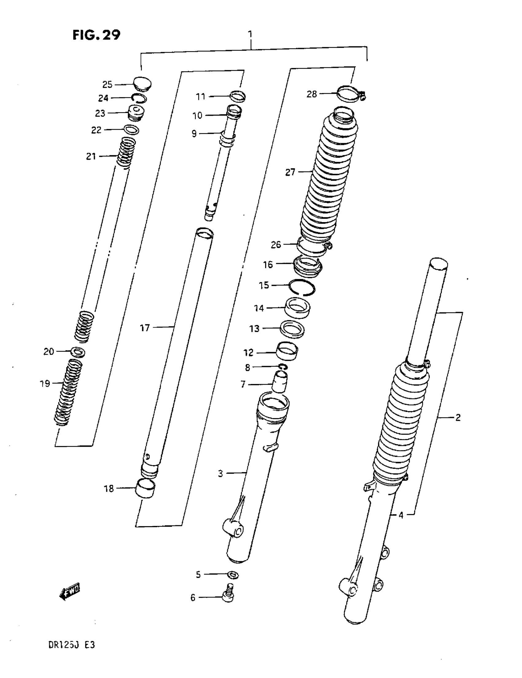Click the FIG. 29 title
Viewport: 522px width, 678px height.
click(x=96, y=35)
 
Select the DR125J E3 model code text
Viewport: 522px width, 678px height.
click(x=71, y=645)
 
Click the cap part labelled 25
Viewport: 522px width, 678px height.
click(x=142, y=84)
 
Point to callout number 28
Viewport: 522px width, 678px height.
click(x=312, y=94)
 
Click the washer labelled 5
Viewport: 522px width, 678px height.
click(x=233, y=574)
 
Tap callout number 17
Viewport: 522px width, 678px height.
click(x=145, y=328)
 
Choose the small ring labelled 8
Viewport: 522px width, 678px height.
click(x=283, y=367)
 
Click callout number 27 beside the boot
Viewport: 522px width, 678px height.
click(x=290, y=172)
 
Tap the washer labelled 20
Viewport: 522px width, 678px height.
click(x=78, y=352)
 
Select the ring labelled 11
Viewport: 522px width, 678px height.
click(x=238, y=96)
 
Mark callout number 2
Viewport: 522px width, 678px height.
click(x=458, y=417)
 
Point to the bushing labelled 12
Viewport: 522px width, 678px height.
click(x=287, y=351)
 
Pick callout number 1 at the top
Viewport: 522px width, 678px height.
click(x=250, y=34)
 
